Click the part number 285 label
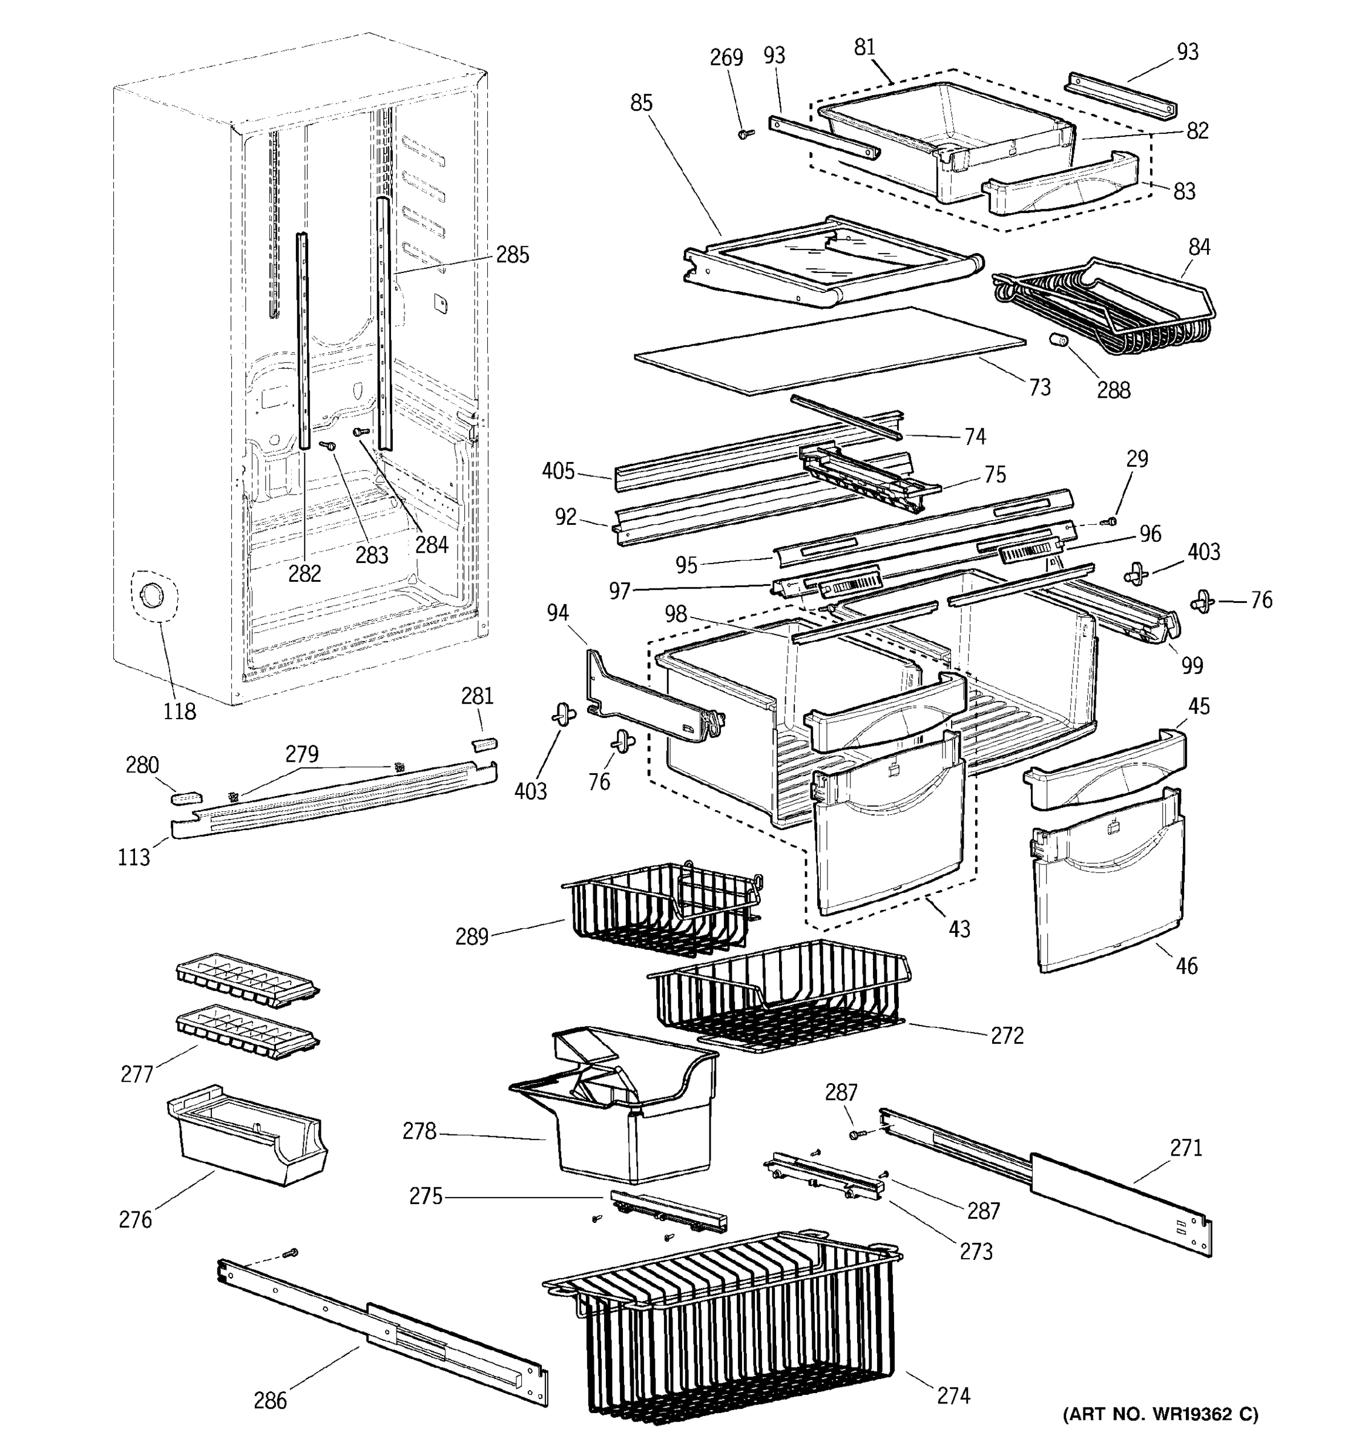coord(512,255)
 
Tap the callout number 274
coord(953,1396)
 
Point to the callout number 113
coord(134,857)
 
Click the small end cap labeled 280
coord(185,797)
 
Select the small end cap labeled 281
coord(484,744)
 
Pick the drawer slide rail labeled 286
coord(380,1323)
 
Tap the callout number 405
coord(558,472)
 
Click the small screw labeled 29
coord(1111,521)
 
